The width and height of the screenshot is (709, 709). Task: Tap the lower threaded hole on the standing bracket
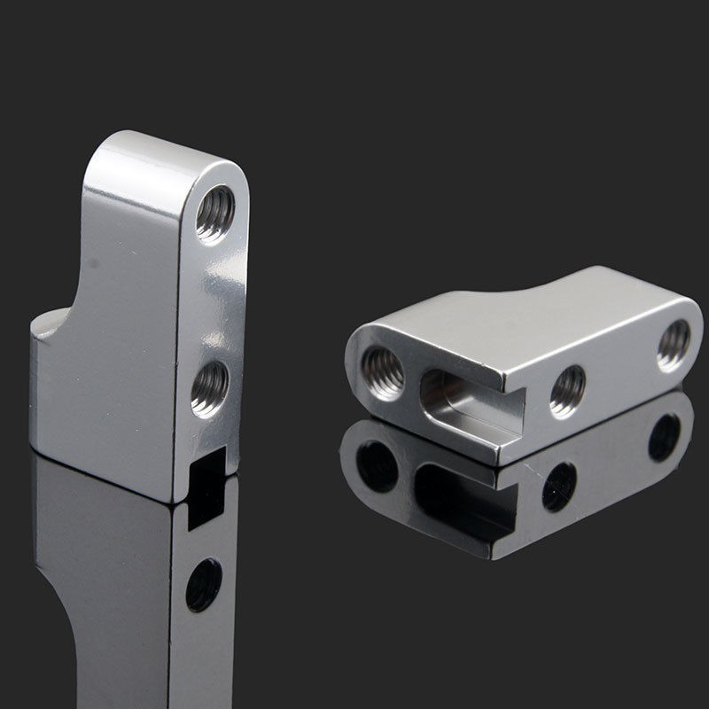(209, 386)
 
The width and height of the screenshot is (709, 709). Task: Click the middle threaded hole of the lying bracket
(567, 390)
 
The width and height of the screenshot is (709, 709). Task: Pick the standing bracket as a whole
(142, 328)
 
